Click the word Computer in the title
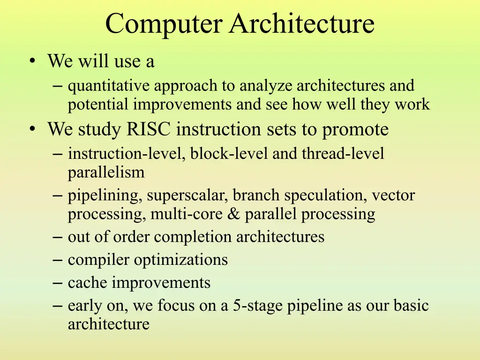[x=164, y=24]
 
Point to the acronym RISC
[x=148, y=129]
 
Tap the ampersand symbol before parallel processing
[x=233, y=214]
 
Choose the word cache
[x=87, y=283]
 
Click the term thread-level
[x=343, y=153]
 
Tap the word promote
[x=355, y=130]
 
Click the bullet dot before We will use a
[x=32, y=60]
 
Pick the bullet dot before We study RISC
[x=32, y=129]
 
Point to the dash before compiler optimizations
[x=58, y=260]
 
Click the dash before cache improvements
[x=58, y=283]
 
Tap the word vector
[x=393, y=195]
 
